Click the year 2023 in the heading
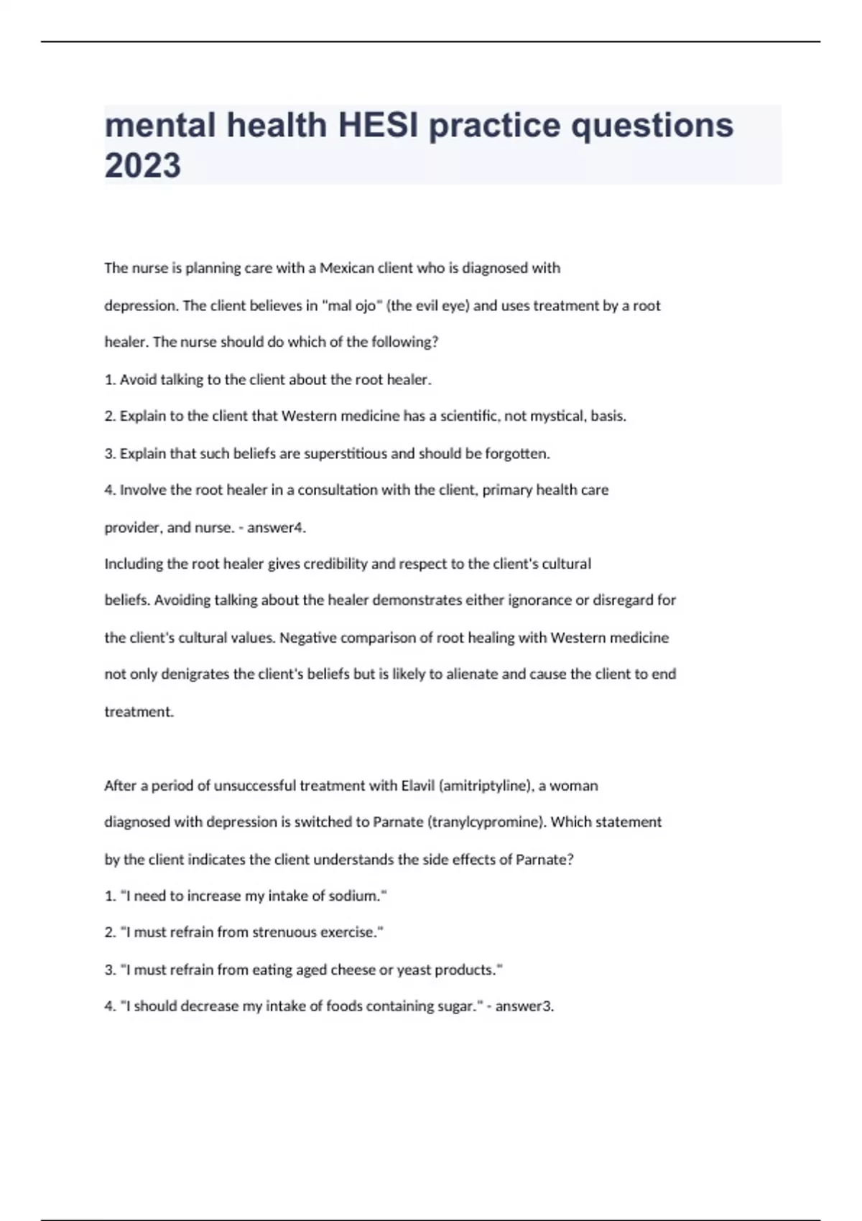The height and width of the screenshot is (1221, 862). (x=143, y=166)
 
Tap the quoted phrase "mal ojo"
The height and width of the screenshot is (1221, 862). (x=352, y=306)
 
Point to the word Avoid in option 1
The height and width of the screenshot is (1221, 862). (x=136, y=380)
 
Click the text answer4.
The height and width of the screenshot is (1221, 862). (x=277, y=528)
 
